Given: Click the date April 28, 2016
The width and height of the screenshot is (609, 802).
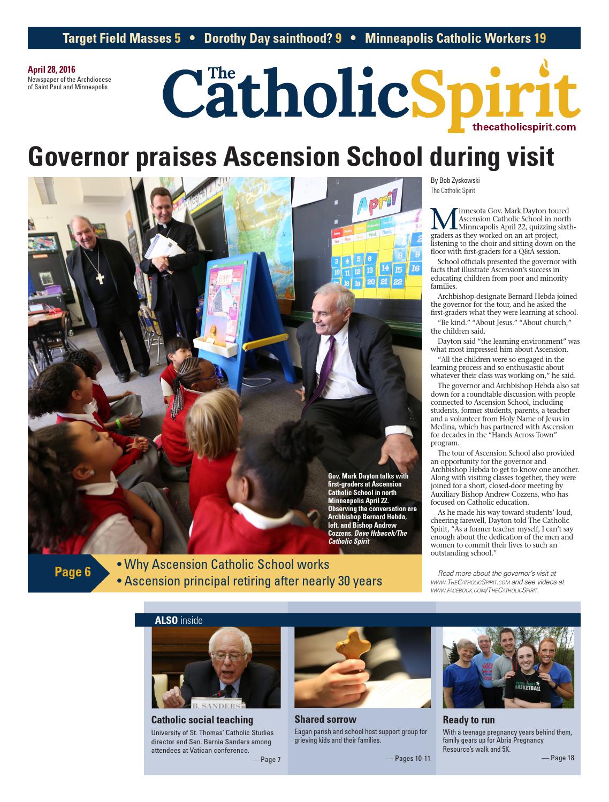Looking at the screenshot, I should click(x=51, y=70).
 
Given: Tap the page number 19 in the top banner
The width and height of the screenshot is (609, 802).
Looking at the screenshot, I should click(x=539, y=38).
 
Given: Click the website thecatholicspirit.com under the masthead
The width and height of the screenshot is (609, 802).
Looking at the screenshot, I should click(x=524, y=127).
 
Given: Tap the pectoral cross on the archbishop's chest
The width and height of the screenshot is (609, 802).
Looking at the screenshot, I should click(x=100, y=278).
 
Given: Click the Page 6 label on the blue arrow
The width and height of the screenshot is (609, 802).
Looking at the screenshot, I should click(x=73, y=572).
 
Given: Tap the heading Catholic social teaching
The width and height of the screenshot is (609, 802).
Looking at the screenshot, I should click(x=202, y=720).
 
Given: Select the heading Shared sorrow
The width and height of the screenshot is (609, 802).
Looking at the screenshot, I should click(x=325, y=719).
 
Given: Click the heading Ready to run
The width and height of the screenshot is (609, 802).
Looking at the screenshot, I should click(x=468, y=720).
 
